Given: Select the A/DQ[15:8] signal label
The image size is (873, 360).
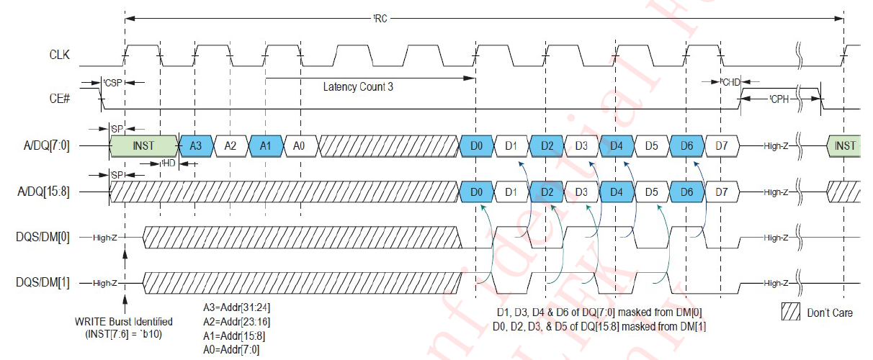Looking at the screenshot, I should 45,192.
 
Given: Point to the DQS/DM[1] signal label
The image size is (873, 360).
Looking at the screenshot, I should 45,283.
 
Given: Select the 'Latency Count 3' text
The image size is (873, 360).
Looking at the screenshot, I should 359,87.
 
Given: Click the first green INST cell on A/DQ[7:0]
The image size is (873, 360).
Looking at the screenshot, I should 143,145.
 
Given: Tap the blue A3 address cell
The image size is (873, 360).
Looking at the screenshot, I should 195,145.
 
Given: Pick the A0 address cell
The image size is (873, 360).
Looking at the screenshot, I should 300,145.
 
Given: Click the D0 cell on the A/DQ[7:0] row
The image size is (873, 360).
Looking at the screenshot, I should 476,145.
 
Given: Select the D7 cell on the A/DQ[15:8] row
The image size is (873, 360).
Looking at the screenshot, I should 722,192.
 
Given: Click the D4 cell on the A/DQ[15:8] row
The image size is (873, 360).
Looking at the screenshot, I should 617,192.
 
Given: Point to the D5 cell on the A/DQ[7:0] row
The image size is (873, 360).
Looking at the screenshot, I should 652,145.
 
